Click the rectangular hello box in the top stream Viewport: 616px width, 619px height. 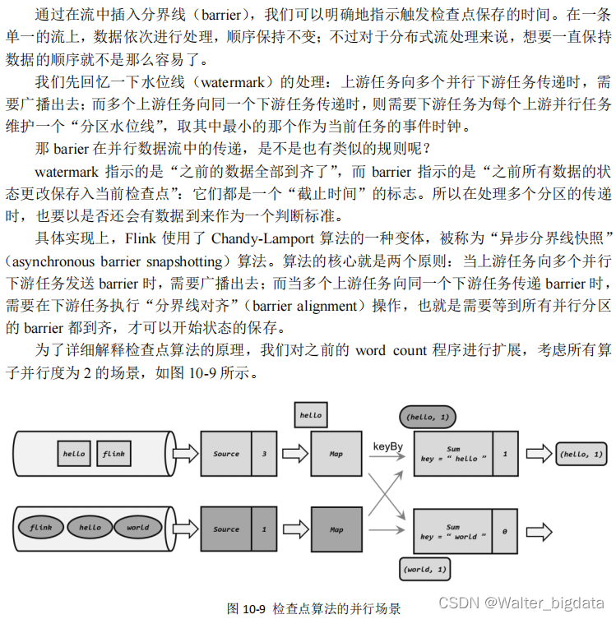click(73, 453)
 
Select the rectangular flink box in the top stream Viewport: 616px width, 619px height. click(113, 453)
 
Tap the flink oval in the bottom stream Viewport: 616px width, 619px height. click(41, 529)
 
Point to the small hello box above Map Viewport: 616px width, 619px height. click(310, 415)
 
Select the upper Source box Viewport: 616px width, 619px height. click(226, 453)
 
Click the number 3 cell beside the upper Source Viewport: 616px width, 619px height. click(263, 453)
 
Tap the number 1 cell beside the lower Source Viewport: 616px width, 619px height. click(263, 529)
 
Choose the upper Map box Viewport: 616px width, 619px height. click(336, 453)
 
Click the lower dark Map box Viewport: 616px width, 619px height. click(336, 529)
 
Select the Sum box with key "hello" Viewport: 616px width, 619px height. click(452, 453)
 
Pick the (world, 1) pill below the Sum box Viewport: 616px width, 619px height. click(426, 569)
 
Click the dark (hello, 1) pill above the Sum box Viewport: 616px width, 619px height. click(425, 418)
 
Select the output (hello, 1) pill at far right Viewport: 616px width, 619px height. click(581, 453)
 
